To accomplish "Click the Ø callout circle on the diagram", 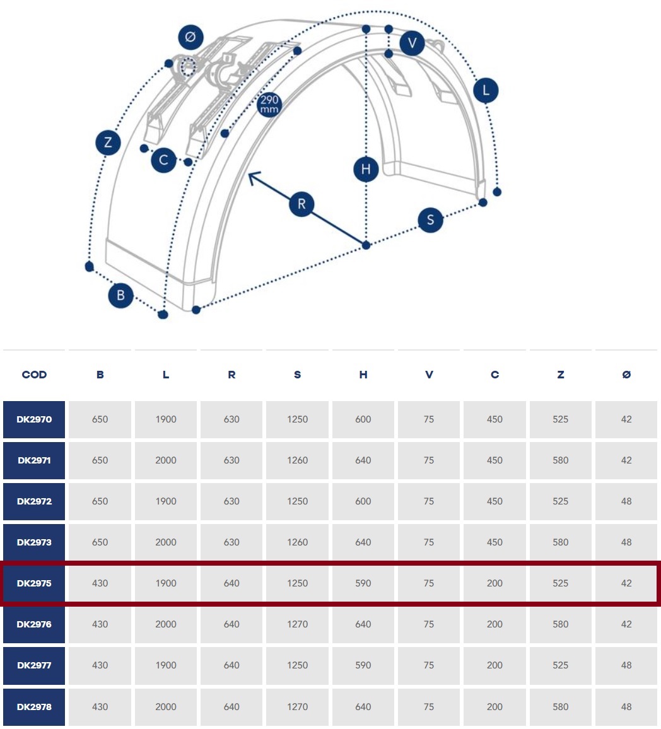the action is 190,37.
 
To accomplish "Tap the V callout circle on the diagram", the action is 412,44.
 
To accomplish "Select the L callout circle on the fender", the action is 486,90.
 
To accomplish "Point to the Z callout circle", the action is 108,143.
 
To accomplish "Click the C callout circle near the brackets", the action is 163,160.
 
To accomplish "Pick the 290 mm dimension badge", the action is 269,105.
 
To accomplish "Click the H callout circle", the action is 366,169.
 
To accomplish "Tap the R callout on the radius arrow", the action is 301,204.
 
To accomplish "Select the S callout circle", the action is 430,220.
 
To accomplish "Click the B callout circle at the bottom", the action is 121,296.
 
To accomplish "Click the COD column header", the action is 35,375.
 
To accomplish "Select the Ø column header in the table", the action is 626,375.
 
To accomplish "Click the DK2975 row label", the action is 34,583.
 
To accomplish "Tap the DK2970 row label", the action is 34,419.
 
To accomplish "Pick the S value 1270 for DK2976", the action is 298,624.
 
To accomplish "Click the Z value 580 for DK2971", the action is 561,460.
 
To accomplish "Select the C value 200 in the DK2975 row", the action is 494,583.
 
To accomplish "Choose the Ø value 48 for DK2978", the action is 626,707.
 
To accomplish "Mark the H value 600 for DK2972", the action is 363,501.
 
